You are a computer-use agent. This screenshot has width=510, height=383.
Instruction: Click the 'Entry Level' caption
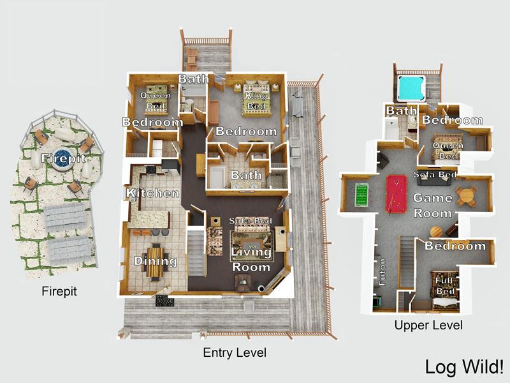234,352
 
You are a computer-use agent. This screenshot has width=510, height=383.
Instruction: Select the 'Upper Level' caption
428,326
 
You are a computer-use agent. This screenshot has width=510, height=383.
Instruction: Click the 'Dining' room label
155,260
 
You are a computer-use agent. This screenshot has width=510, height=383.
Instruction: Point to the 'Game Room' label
433,206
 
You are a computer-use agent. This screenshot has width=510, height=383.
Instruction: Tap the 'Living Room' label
251,259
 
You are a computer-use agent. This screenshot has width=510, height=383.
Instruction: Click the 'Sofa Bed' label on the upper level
434,174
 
